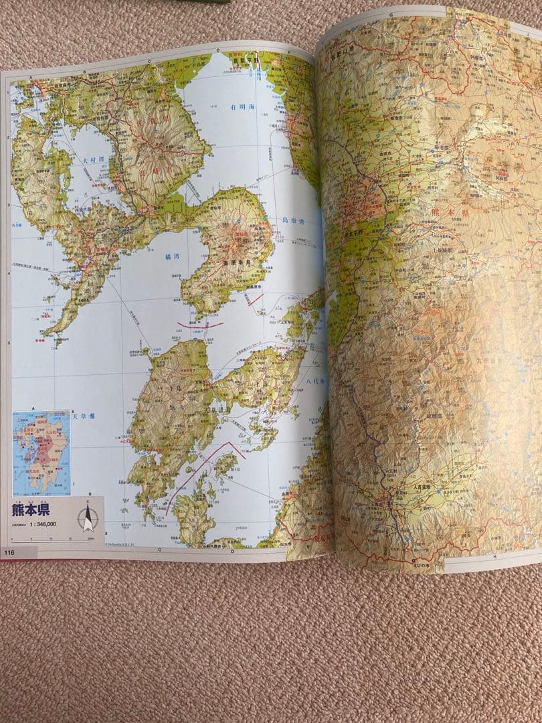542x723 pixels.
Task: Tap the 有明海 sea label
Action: pyautogui.click(x=242, y=106)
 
